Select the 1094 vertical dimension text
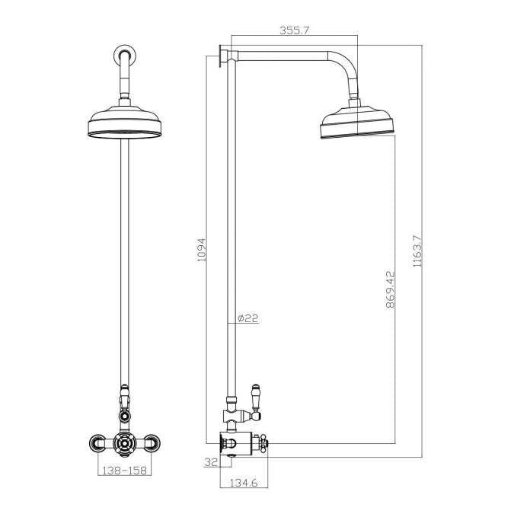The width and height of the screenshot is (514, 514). pyautogui.click(x=202, y=249)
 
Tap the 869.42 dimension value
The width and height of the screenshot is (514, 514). pyautogui.click(x=389, y=287)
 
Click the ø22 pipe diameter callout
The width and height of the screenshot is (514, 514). pyautogui.click(x=248, y=319)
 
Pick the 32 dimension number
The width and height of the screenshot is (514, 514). pyautogui.click(x=210, y=461)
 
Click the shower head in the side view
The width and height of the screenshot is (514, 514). pyautogui.click(x=356, y=124)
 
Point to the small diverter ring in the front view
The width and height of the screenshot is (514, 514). pyautogui.click(x=124, y=416)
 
